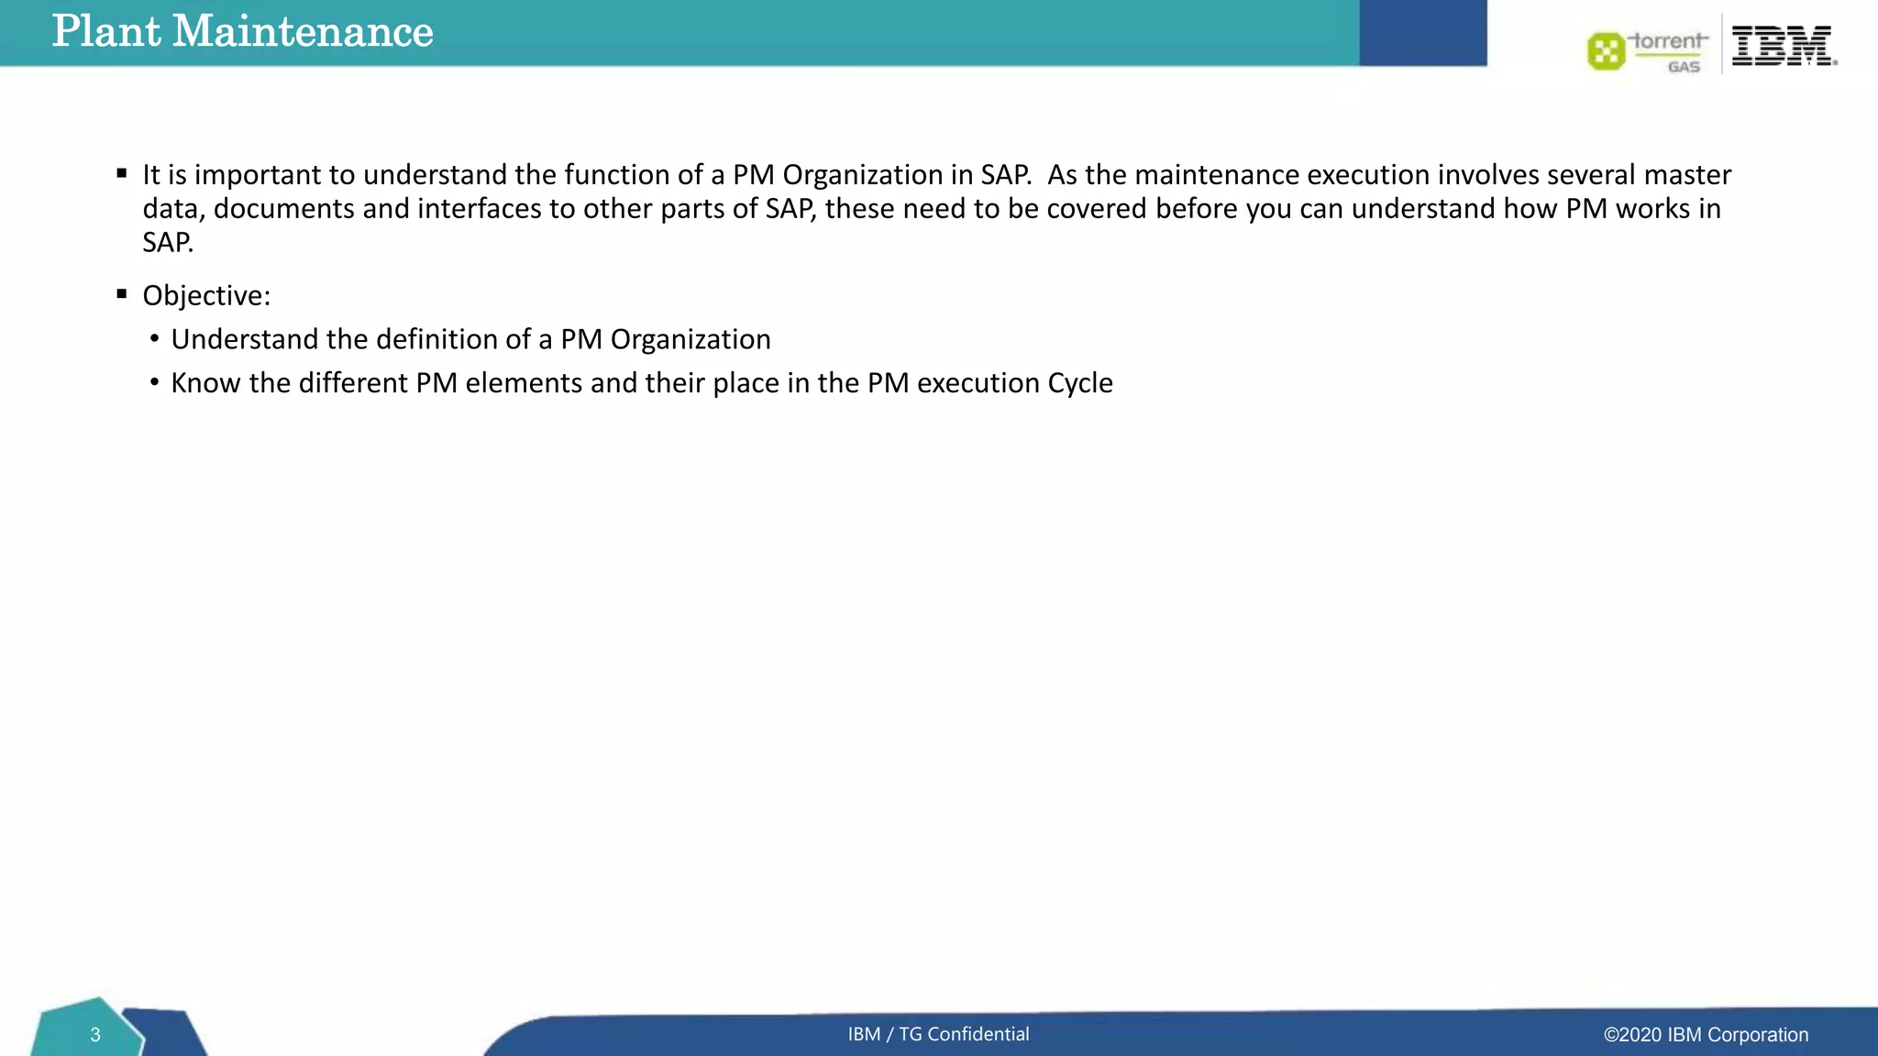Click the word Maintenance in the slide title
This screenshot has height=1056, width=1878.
click(x=303, y=32)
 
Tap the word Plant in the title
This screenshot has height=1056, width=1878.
click(x=106, y=32)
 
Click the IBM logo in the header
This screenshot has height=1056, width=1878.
click(x=1784, y=46)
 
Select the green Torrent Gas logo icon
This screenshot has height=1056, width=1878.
click(x=1606, y=51)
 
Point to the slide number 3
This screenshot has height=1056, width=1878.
click(x=94, y=1035)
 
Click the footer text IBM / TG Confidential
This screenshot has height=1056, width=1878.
click(x=938, y=1034)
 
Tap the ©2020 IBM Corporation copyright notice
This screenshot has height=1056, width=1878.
click(x=1706, y=1035)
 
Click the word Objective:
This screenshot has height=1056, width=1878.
click(x=206, y=296)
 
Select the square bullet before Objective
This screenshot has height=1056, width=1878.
click(x=122, y=294)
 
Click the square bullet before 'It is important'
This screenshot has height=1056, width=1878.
click(x=122, y=173)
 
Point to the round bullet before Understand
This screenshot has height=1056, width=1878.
click(x=154, y=339)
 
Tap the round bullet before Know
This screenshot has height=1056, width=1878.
click(x=154, y=382)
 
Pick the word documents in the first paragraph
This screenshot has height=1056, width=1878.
click(x=283, y=209)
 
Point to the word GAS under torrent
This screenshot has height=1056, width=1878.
click(x=1684, y=67)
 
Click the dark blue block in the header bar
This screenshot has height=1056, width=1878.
click(x=1422, y=33)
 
